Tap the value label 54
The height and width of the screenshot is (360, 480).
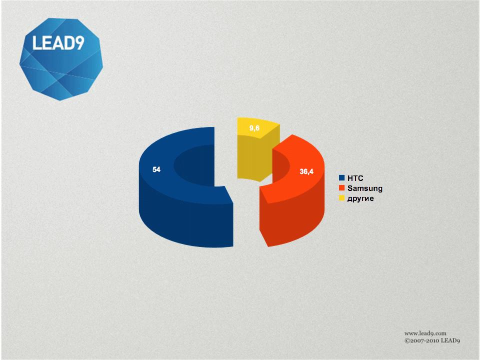pyautogui.click(x=156, y=169)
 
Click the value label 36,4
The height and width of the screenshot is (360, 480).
pyautogui.click(x=306, y=171)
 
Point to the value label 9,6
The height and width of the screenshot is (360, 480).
pyautogui.click(x=254, y=128)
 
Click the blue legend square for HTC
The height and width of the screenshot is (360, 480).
pyautogui.click(x=342, y=178)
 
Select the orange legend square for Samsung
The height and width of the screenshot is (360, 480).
pyautogui.click(x=342, y=188)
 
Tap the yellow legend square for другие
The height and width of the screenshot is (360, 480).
pyautogui.click(x=342, y=198)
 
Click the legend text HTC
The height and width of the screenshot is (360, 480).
pyautogui.click(x=355, y=178)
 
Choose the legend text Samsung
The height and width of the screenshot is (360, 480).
pyautogui.click(x=365, y=188)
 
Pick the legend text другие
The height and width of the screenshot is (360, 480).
pyautogui.click(x=360, y=198)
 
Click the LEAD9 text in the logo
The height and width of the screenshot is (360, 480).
pyautogui.click(x=58, y=43)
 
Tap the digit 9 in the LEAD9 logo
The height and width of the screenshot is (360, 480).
pyautogui.click(x=79, y=43)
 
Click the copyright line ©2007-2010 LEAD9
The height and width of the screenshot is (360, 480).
pyautogui.click(x=432, y=340)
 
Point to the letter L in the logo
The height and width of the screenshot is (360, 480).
pyautogui.click(x=36, y=43)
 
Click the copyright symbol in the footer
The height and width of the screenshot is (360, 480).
pyautogui.click(x=407, y=340)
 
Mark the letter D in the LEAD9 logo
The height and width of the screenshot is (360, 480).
pyautogui.click(x=68, y=43)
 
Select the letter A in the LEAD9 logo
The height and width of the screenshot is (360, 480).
pyautogui.click(x=57, y=43)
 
